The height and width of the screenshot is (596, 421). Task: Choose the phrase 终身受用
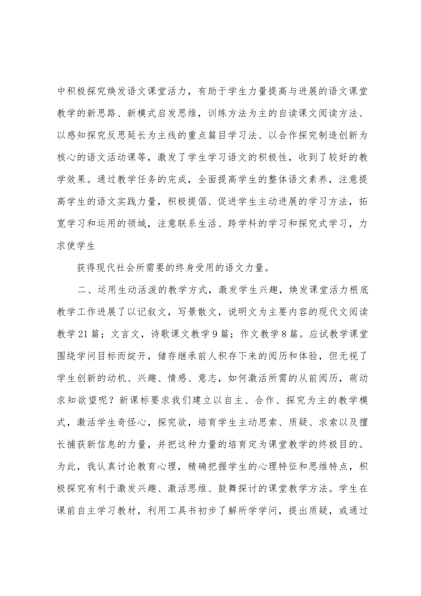coord(203,268)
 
